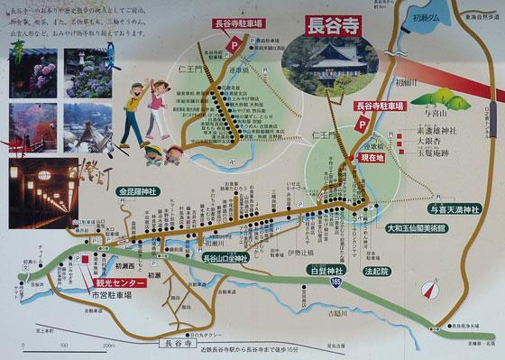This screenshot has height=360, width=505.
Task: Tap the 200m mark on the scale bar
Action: [107, 345]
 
